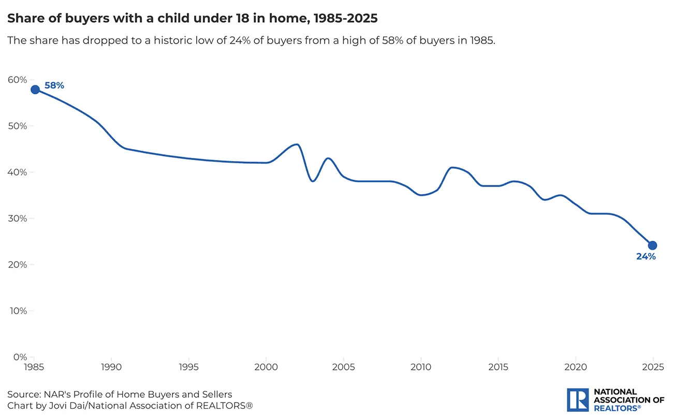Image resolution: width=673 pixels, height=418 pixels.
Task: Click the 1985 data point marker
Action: (35, 89)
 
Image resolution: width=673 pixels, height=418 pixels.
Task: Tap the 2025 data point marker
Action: (652, 246)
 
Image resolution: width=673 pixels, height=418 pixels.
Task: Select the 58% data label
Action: (54, 85)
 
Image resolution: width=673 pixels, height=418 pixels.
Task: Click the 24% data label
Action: (646, 256)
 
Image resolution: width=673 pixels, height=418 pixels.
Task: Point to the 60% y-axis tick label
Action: (17, 80)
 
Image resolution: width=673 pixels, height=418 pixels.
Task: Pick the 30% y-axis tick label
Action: (17, 218)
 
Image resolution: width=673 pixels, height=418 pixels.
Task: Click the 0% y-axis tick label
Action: (20, 357)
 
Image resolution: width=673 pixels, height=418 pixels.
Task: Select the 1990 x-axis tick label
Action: (111, 367)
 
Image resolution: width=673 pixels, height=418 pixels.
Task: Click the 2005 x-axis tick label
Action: (343, 367)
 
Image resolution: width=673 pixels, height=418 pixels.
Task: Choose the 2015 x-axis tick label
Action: (498, 367)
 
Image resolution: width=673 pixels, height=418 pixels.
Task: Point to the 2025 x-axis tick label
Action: (652, 367)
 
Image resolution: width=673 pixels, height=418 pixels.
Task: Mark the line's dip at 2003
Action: (313, 181)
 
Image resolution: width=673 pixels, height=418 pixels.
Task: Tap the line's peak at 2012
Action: (452, 167)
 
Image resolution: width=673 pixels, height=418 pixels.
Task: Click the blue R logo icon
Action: (578, 400)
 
